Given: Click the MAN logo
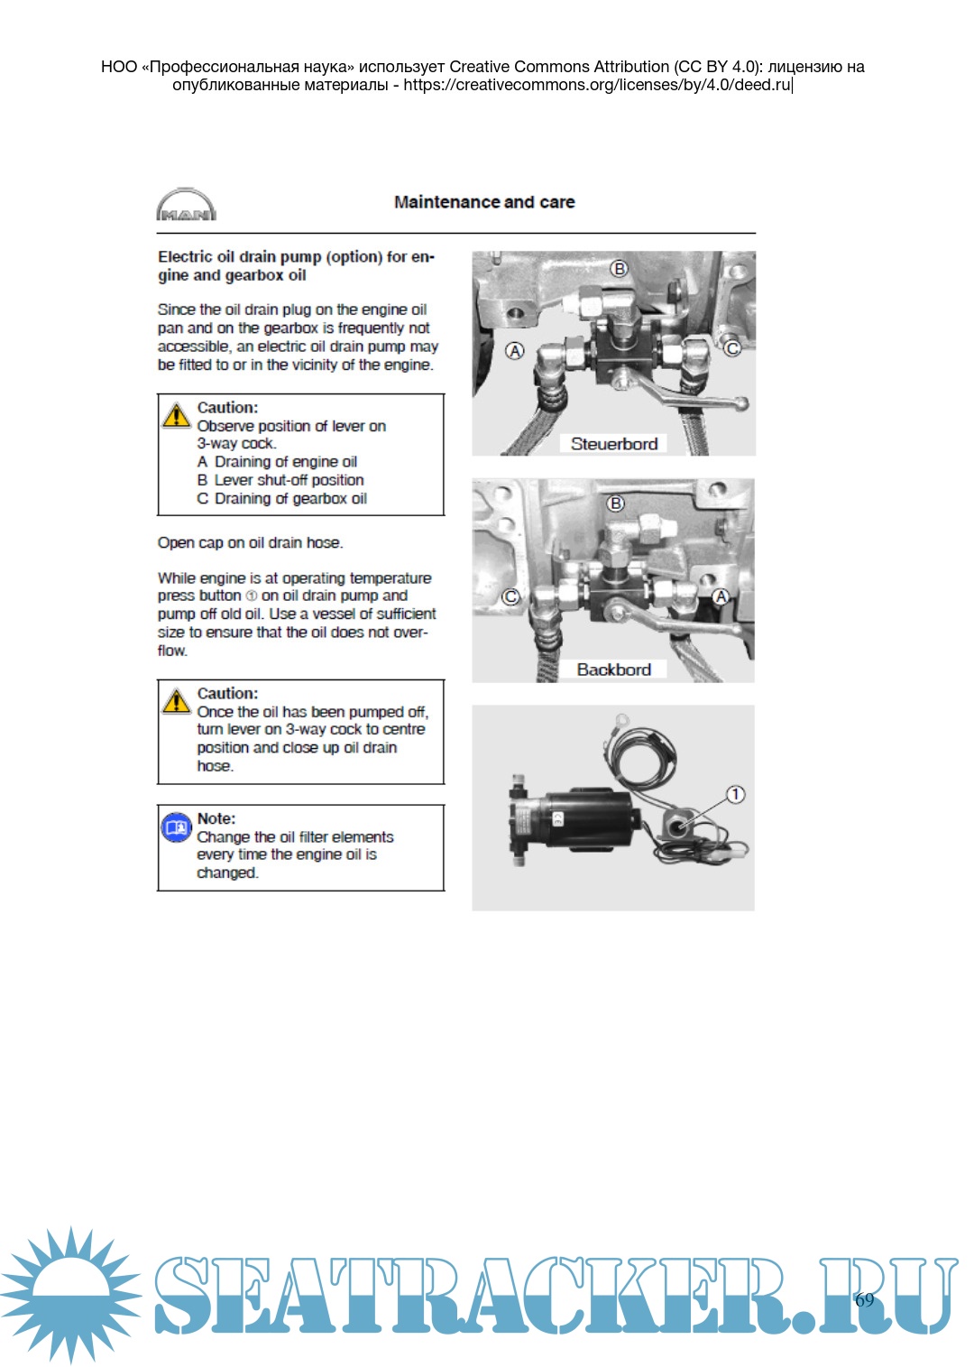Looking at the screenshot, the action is (x=186, y=204).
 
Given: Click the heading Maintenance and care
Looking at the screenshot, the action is (x=484, y=202).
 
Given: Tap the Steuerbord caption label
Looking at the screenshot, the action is (x=613, y=444).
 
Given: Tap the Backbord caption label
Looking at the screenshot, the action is (x=613, y=670).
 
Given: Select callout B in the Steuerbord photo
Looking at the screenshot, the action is (x=619, y=269).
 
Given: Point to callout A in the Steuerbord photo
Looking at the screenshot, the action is (x=515, y=351).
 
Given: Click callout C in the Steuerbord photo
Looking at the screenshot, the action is (x=732, y=348).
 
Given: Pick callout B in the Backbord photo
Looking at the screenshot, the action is (x=616, y=503).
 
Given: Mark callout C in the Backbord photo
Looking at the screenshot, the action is (x=511, y=596).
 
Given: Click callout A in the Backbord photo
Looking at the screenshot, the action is (x=721, y=596).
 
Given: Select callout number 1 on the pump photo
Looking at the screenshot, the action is (x=736, y=794).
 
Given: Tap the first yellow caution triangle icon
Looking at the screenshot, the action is (x=176, y=415).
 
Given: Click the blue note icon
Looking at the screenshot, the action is (x=176, y=827).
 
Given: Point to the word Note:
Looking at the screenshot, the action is (x=216, y=818).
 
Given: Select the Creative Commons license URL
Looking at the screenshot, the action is (x=596, y=84).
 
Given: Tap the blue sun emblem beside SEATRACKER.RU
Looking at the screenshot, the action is (x=70, y=1294).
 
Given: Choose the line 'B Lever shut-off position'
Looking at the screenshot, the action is (x=280, y=480).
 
